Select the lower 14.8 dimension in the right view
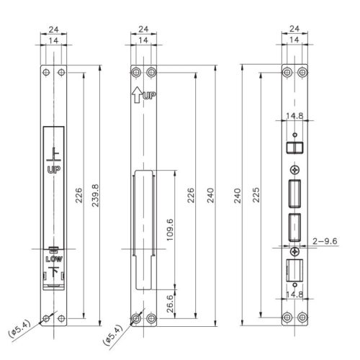[x=293, y=294]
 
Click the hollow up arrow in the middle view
[x=137, y=94]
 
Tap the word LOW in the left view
[x=53, y=258]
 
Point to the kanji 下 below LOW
[x=53, y=272]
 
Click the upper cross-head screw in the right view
[x=294, y=168]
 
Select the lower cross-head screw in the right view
[x=294, y=251]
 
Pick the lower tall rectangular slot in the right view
[x=294, y=228]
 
